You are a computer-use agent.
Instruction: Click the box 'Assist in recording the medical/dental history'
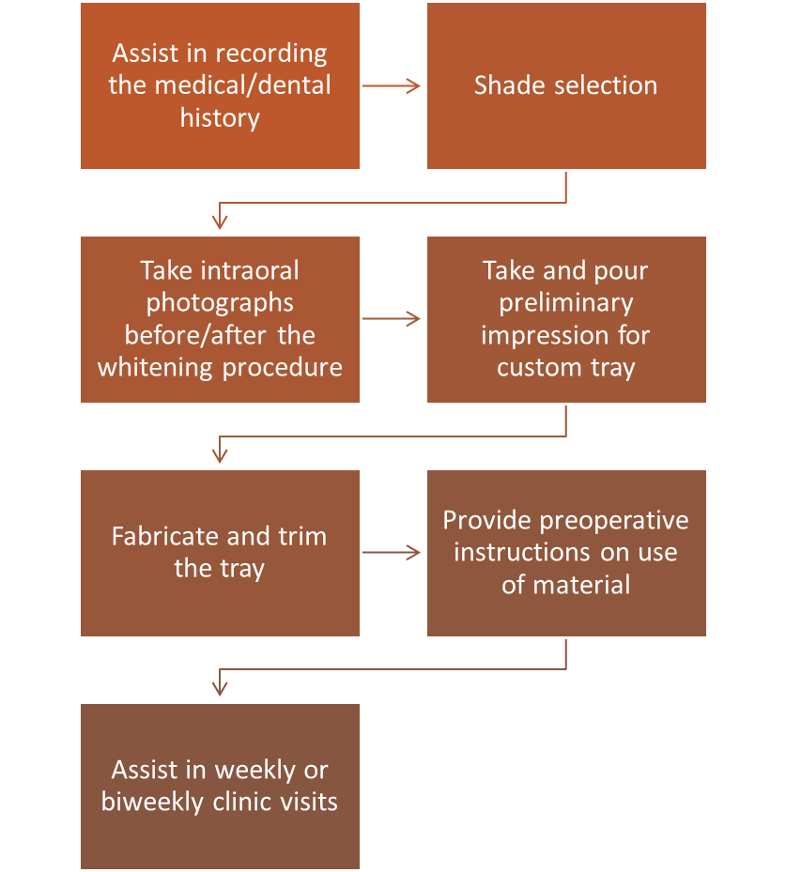pyautogui.click(x=220, y=85)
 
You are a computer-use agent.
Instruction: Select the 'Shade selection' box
pyautogui.click(x=566, y=85)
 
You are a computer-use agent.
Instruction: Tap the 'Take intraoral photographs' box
pyautogui.click(x=220, y=319)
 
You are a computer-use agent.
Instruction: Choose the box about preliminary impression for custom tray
pyautogui.click(x=566, y=319)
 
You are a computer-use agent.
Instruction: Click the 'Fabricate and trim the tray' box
pyautogui.click(x=220, y=553)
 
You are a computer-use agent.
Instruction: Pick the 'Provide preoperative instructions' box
pyautogui.click(x=566, y=553)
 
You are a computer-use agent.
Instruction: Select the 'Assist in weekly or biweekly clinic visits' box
pyautogui.click(x=220, y=787)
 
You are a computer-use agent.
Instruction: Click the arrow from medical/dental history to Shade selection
pyautogui.click(x=393, y=85)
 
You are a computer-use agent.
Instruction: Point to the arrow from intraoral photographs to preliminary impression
pyautogui.click(x=393, y=319)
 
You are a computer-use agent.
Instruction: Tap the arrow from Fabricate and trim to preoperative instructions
pyautogui.click(x=393, y=553)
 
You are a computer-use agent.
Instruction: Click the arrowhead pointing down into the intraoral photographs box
pyautogui.click(x=220, y=222)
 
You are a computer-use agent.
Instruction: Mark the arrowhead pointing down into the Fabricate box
pyautogui.click(x=220, y=456)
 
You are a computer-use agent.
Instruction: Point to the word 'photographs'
pyautogui.click(x=220, y=303)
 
